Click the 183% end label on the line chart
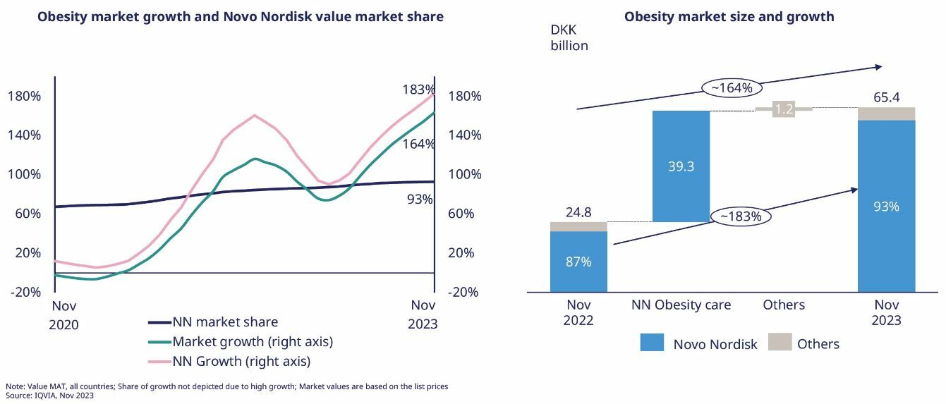tap(418, 90)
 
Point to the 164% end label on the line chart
tap(418, 144)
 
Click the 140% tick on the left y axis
tap(24, 135)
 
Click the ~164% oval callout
tap(732, 88)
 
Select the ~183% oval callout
tap(741, 216)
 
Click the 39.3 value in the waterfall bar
tap(681, 166)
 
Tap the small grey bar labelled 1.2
tap(784, 109)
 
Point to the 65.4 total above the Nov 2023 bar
tap(886, 97)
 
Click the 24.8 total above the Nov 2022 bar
tap(578, 212)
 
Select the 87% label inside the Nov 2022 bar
tap(578, 262)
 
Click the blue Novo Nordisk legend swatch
tap(653, 342)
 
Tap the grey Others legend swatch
tap(780, 342)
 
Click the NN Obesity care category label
tap(681, 305)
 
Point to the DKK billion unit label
tap(569, 38)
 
